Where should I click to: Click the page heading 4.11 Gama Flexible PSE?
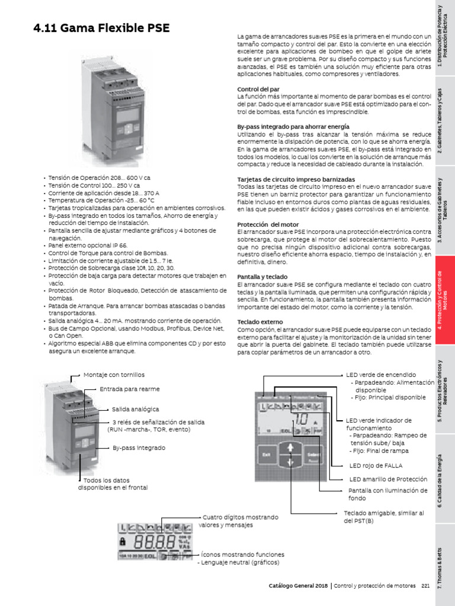click(101, 28)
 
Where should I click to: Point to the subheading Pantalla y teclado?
click(262, 276)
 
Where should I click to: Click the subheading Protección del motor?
click(268, 224)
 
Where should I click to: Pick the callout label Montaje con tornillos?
click(114, 375)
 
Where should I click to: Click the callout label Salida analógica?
click(136, 409)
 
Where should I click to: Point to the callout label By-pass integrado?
click(139, 448)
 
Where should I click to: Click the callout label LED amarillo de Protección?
click(387, 479)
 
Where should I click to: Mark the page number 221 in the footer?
click(425, 586)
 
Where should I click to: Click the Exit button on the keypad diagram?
click(266, 454)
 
